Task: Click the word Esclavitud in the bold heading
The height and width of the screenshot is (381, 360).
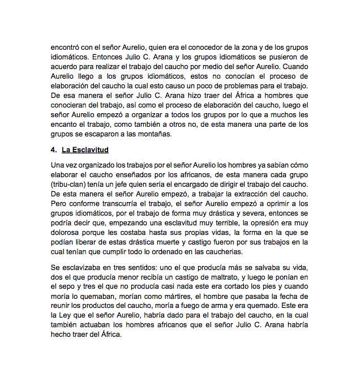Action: (85, 150)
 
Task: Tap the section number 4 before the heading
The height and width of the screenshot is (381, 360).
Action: (53, 150)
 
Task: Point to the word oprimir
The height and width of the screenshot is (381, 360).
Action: (272, 204)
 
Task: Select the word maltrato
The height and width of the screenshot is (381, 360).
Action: (224, 277)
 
